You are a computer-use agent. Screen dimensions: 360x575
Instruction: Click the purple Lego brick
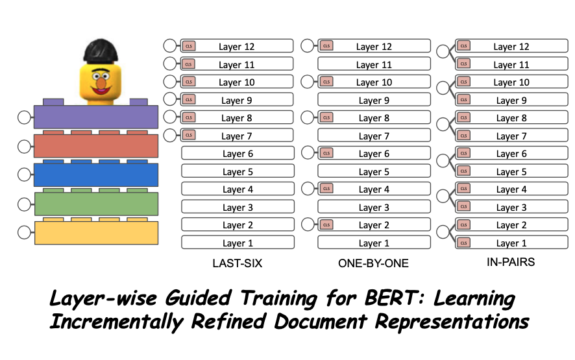[96, 117]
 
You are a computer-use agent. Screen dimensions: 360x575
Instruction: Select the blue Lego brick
[96, 175]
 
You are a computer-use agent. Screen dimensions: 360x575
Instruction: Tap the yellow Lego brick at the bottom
[96, 232]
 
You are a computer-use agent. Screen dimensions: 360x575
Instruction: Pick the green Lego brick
[96, 204]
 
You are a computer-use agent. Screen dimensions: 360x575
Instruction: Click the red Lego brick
[96, 146]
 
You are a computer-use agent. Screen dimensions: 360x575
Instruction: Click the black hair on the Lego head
[101, 48]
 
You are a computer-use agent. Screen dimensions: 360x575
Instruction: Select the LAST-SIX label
[238, 263]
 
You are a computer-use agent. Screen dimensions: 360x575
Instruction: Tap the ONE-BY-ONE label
[374, 263]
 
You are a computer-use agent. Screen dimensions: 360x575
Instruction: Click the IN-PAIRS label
[511, 263]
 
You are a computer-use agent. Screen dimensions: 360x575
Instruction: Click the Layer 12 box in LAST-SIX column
[238, 46]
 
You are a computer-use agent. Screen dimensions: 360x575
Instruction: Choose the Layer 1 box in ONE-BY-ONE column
[374, 243]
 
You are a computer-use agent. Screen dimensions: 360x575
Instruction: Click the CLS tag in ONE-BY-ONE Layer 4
[326, 189]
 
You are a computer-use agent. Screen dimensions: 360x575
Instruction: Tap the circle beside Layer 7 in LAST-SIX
[170, 135]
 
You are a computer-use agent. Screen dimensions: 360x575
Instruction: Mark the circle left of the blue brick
[24, 174]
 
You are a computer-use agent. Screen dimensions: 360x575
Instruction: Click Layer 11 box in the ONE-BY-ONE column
[374, 64]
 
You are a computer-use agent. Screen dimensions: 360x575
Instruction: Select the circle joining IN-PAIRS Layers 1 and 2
[444, 231]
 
